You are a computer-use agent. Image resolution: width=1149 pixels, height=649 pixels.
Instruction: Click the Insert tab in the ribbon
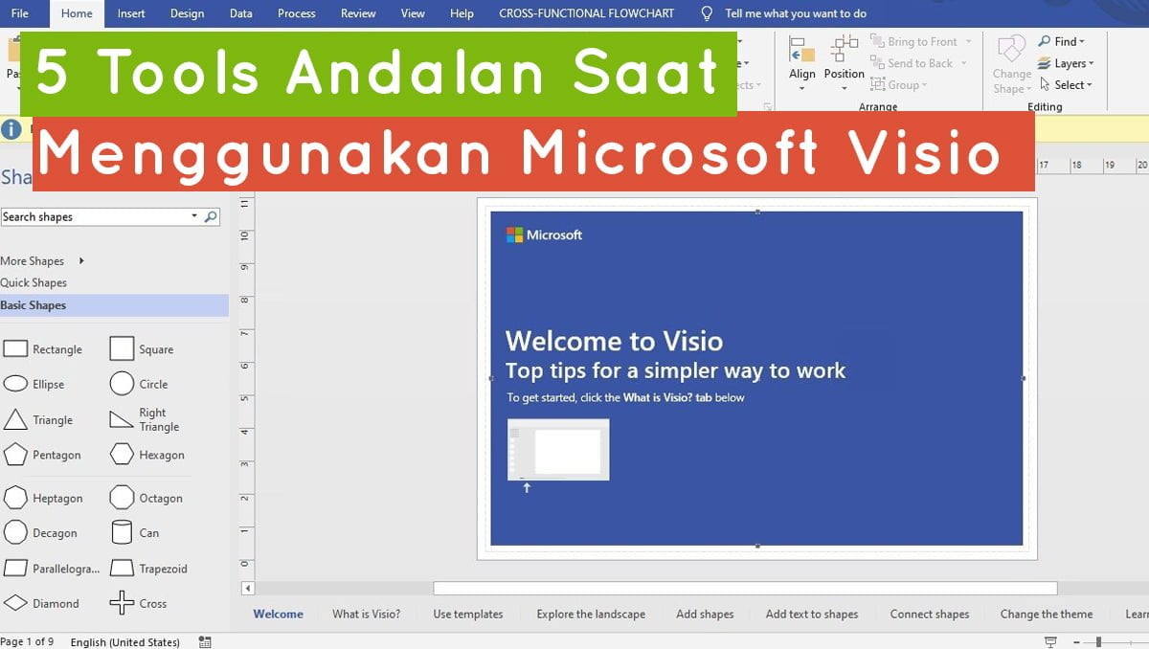(131, 13)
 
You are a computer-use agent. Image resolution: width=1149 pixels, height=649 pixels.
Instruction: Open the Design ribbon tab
(187, 13)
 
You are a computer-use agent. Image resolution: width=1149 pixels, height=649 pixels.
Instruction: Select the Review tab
(358, 13)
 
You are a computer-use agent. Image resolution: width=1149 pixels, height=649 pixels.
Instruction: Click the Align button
(801, 58)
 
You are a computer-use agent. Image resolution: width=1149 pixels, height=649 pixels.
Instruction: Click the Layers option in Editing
(1066, 63)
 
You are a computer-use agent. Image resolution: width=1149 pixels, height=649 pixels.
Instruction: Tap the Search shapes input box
(96, 217)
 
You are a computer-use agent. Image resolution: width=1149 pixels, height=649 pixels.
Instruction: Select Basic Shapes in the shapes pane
(34, 305)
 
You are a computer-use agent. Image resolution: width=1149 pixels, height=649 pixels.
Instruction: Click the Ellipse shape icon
(15, 384)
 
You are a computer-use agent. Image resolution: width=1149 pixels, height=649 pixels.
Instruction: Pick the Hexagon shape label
(161, 455)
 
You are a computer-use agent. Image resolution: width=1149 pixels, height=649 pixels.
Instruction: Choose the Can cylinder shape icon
(122, 532)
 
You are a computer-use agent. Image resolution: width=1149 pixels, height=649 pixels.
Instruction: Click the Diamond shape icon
(15, 603)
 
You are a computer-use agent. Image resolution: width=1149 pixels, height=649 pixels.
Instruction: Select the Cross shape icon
(122, 603)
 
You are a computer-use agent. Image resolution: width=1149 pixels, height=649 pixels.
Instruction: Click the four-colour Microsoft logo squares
(514, 235)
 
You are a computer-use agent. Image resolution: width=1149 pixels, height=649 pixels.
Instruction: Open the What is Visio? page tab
(366, 615)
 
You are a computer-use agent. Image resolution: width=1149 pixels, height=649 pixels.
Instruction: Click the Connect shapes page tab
(929, 615)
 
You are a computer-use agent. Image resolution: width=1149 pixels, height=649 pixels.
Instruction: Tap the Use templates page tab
(467, 615)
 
